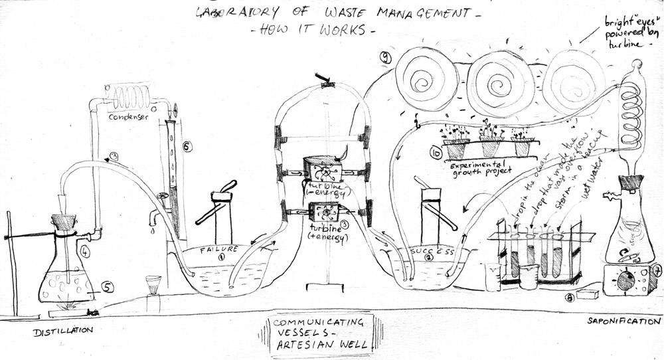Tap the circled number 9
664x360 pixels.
click(384, 58)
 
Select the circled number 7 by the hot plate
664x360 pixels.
click(657, 270)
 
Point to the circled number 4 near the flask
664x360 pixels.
click(84, 252)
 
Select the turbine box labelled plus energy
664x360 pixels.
click(322, 214)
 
